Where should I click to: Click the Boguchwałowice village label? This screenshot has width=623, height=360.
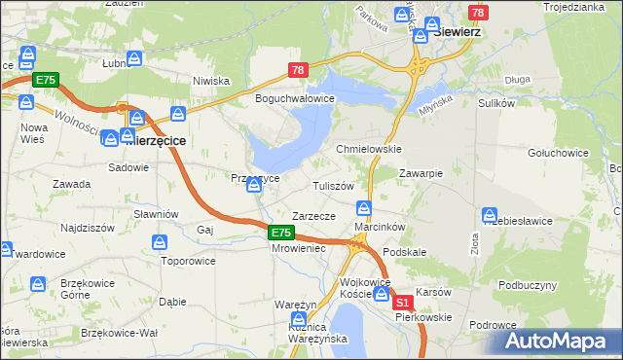294,99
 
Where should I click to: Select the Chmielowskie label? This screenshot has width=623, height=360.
369,149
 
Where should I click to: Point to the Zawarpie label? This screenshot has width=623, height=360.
421,173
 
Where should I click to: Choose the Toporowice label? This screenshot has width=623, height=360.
189,262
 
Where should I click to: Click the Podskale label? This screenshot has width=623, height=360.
405,252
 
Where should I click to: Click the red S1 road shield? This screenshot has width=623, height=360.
403,305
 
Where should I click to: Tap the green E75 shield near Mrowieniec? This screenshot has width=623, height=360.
280,233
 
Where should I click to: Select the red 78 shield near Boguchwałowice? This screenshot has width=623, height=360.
298,70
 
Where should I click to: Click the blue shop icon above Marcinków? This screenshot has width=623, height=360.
364,207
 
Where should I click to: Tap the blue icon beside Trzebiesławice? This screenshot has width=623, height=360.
490,214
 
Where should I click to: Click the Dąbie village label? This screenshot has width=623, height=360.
172,302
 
